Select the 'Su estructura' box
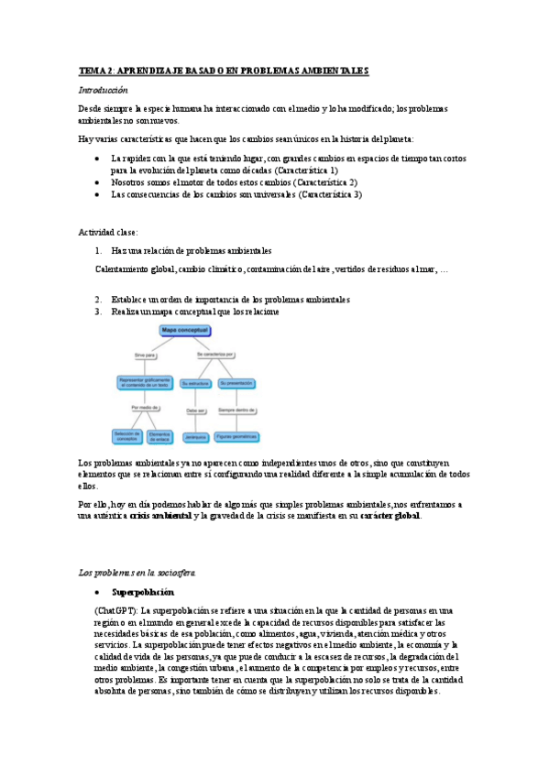point(194,383)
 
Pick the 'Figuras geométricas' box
point(237,436)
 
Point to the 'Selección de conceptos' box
point(126,435)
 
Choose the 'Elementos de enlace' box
point(160,435)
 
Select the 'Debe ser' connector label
point(195,410)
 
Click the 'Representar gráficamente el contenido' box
point(145,383)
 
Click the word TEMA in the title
point(93,70)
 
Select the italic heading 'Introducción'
point(103,90)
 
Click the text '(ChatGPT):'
point(116,609)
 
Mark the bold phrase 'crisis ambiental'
point(160,516)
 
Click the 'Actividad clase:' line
point(108,232)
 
